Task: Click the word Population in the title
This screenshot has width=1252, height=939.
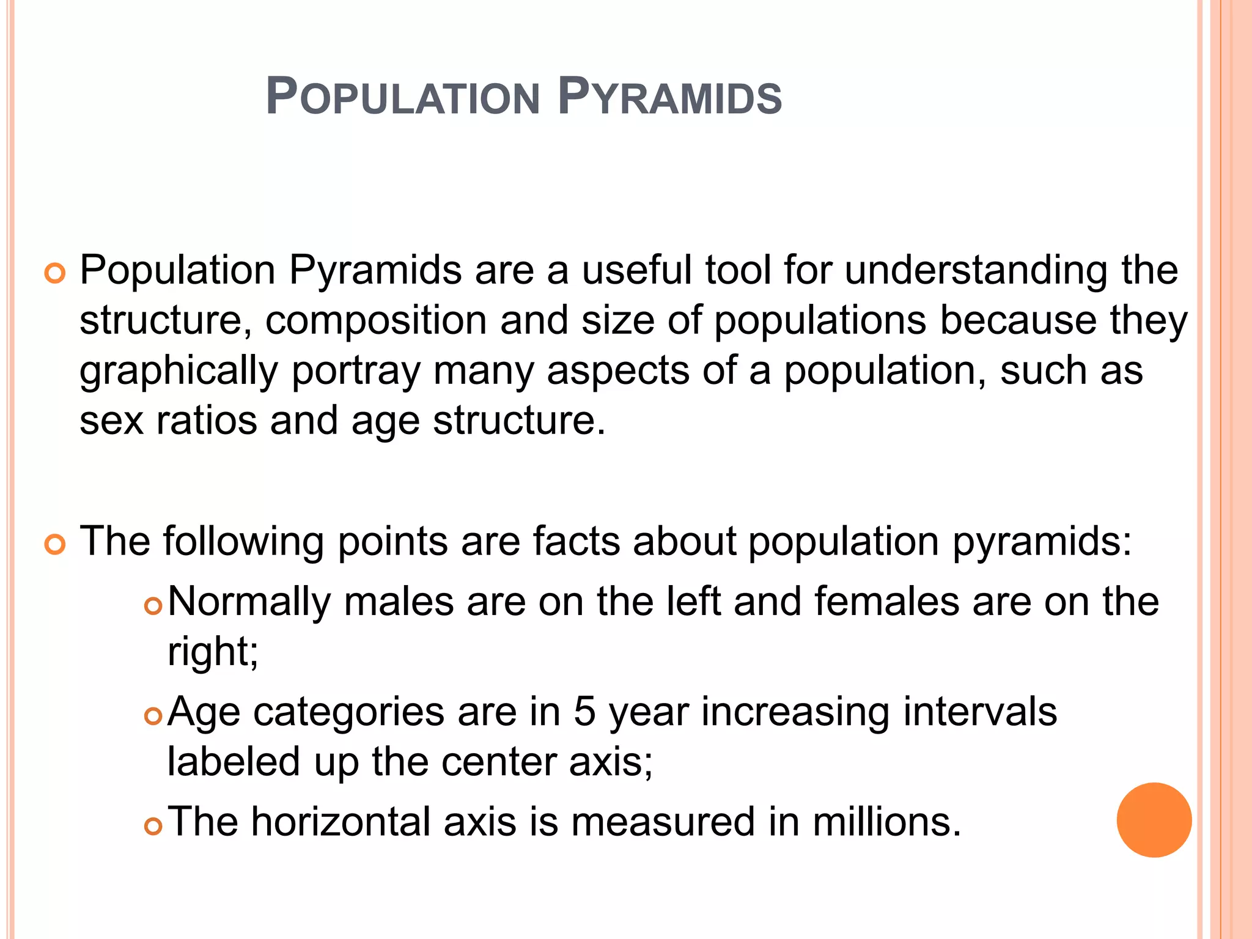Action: click(403, 98)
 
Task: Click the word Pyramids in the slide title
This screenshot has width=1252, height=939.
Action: click(670, 98)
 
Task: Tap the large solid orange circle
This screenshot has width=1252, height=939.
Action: click(1154, 820)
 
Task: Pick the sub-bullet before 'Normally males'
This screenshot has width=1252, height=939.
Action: click(153, 606)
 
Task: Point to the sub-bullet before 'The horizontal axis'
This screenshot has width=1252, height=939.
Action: click(153, 826)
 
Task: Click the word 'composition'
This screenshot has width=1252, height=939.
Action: click(375, 320)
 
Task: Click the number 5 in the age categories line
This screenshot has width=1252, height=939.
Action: click(584, 712)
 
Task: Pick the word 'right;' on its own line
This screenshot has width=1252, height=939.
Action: click(213, 652)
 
